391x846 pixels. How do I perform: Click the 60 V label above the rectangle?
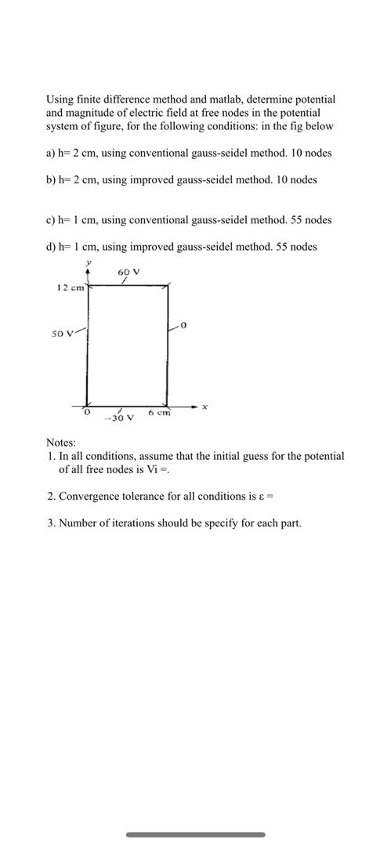pyautogui.click(x=129, y=273)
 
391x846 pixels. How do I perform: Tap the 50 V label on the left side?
pyautogui.click(x=62, y=334)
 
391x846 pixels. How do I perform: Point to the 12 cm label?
pyautogui.click(x=71, y=287)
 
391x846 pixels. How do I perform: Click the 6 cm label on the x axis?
pyautogui.click(x=159, y=413)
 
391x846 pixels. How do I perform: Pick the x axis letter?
pyautogui.click(x=205, y=407)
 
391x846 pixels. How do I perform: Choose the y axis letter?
pyautogui.click(x=89, y=263)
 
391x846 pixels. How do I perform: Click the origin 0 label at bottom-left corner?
pyautogui.click(x=88, y=411)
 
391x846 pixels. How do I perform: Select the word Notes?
pyautogui.click(x=61, y=443)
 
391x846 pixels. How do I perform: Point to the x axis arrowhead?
pyautogui.click(x=194, y=407)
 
